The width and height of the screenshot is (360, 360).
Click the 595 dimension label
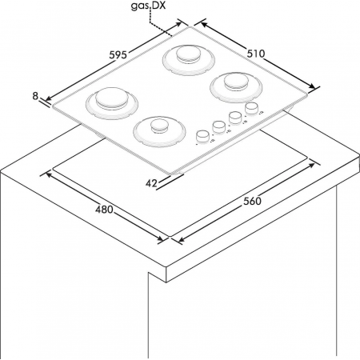[118, 55]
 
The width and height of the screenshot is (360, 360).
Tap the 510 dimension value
[256, 54]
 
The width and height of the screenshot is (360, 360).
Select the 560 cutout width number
[252, 201]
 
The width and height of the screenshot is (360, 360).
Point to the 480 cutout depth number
[104, 210]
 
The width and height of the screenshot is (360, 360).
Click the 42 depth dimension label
[151, 183]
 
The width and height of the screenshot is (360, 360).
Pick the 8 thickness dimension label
[35, 96]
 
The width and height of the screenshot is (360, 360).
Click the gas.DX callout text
[148, 6]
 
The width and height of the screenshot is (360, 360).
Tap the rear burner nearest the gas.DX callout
[189, 60]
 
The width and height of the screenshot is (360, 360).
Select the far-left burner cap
[111, 98]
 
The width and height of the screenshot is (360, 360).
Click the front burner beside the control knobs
[159, 131]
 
